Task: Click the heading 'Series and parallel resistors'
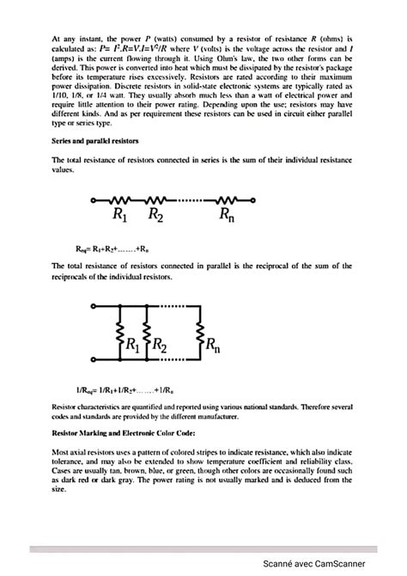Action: pyautogui.click(x=97, y=139)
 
